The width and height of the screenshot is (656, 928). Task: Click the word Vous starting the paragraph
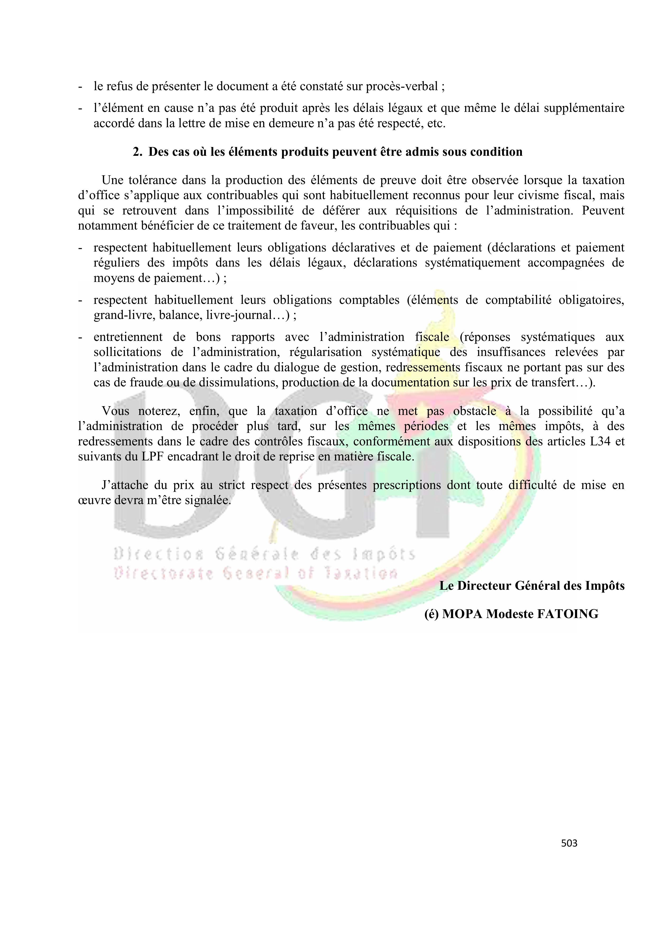pyautogui.click(x=116, y=411)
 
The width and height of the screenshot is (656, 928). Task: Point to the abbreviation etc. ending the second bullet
pyautogui.click(x=437, y=123)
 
